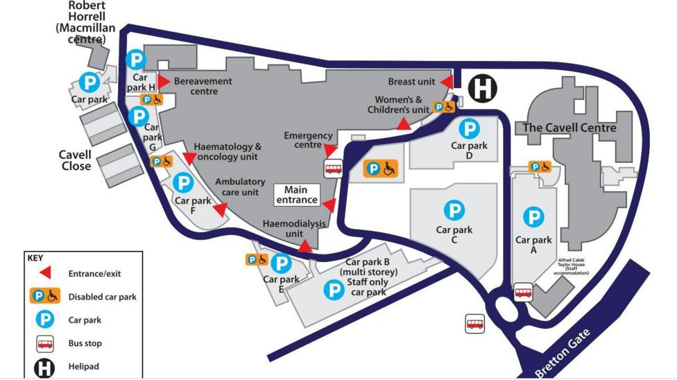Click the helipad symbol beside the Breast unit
pyautogui.click(x=482, y=89)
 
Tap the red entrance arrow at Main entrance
pyautogui.click(x=329, y=205)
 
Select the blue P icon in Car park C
pyautogui.click(x=454, y=210)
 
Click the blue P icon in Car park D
pyautogui.click(x=470, y=128)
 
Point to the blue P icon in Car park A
pyautogui.click(x=533, y=218)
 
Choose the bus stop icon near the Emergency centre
pyautogui.click(x=333, y=168)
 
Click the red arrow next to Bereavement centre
pyautogui.click(x=164, y=82)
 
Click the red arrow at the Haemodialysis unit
pyautogui.click(x=304, y=246)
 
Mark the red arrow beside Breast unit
pyautogui.click(x=447, y=83)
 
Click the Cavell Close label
pyautogui.click(x=75, y=160)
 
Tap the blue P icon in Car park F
pyautogui.click(x=183, y=183)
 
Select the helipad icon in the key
pyautogui.click(x=44, y=367)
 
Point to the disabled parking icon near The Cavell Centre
pyautogui.click(x=540, y=166)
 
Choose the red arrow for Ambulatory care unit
pyautogui.click(x=220, y=209)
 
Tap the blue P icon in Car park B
pyautogui.click(x=334, y=289)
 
